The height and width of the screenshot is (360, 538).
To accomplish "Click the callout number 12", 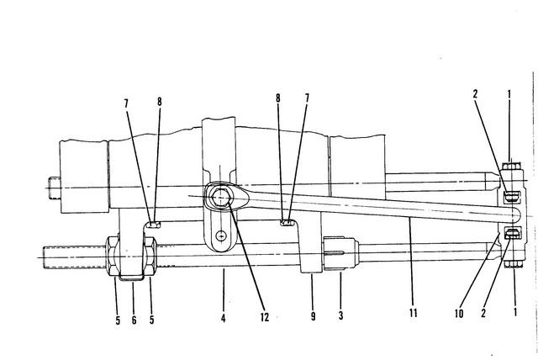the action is tap(265, 317).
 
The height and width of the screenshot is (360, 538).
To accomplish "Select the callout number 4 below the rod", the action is tap(223, 319).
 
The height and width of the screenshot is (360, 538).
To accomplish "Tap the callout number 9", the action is tap(313, 316).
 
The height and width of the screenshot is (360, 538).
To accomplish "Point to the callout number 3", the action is tap(340, 315).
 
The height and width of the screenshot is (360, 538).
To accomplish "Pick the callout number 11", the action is tap(413, 313).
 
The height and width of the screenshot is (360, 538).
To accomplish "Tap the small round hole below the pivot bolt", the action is tap(222, 236).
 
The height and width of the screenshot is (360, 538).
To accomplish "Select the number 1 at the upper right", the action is tap(509, 94).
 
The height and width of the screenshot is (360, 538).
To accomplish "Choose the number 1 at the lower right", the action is tap(514, 312).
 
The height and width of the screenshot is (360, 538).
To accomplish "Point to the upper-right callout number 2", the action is tap(475, 94).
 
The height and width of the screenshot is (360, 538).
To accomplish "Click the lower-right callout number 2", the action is tap(483, 313).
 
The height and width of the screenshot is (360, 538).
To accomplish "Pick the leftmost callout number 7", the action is tap(126, 104).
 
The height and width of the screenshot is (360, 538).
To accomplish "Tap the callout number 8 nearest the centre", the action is tap(278, 98).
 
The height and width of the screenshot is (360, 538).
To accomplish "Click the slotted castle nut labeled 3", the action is tap(340, 253).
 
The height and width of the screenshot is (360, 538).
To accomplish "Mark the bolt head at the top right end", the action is tap(511, 167).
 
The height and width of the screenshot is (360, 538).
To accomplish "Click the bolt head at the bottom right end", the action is tap(514, 263).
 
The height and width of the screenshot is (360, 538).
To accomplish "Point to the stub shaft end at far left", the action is tap(55, 188).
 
